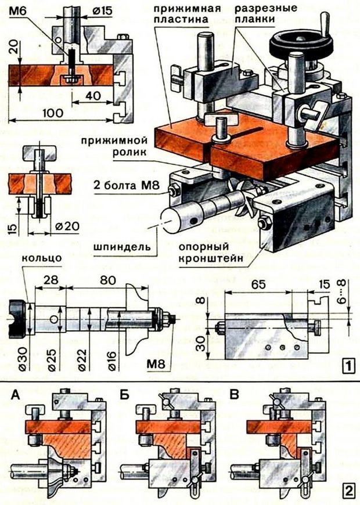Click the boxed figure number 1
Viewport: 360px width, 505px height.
click(x=347, y=366)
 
